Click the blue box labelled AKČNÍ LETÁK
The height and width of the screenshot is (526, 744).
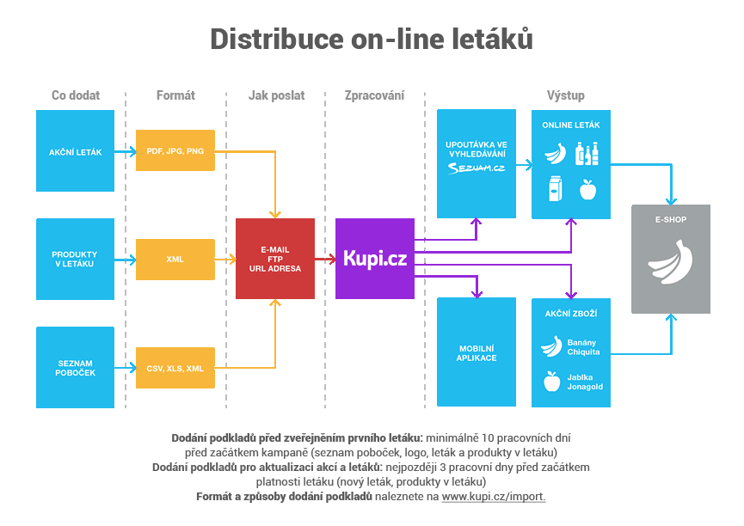(75, 151)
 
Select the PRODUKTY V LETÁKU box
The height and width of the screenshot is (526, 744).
(75, 259)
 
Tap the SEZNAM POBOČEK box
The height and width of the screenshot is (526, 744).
(75, 367)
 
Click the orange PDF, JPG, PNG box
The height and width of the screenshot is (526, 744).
(175, 151)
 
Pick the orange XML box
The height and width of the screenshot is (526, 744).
(175, 259)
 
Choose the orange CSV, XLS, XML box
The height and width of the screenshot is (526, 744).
(175, 368)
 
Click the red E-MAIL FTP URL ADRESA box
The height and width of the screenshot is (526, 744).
(275, 259)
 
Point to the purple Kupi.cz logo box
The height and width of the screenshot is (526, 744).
(375, 259)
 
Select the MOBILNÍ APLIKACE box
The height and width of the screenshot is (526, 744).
(477, 352)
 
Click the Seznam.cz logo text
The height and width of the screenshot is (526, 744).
(477, 168)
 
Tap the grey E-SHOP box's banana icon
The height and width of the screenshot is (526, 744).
(671, 261)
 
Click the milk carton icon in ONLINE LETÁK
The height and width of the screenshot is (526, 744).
(556, 188)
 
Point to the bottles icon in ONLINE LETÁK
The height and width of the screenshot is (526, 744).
(587, 154)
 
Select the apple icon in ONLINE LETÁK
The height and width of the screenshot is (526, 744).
(588, 189)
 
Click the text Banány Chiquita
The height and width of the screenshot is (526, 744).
(583, 347)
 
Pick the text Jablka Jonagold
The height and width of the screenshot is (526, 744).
(585, 382)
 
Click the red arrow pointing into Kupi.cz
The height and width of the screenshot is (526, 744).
(325, 258)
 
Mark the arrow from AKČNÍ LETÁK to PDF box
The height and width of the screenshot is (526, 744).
(126, 151)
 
